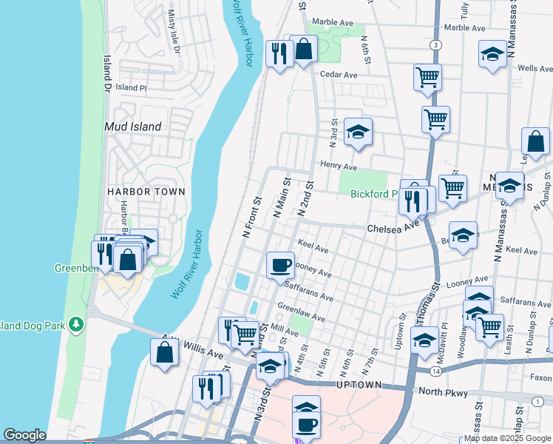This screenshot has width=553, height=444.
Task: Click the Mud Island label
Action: click(x=133, y=127)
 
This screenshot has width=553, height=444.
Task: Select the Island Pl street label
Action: click(x=132, y=87)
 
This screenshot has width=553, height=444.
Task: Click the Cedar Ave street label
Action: click(x=339, y=75)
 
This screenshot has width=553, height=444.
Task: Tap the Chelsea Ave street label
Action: click(x=393, y=228)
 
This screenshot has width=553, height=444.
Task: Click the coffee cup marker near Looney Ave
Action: click(x=280, y=263)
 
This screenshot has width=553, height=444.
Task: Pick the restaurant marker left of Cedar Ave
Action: click(x=279, y=53)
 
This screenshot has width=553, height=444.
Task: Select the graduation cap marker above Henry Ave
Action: click(x=358, y=131)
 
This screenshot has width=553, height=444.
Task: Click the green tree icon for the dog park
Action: click(x=75, y=324)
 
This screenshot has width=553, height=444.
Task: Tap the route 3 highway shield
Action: click(x=437, y=46)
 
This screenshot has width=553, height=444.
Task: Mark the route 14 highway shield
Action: click(x=437, y=369)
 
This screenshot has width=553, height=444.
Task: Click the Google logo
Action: click(x=24, y=435)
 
